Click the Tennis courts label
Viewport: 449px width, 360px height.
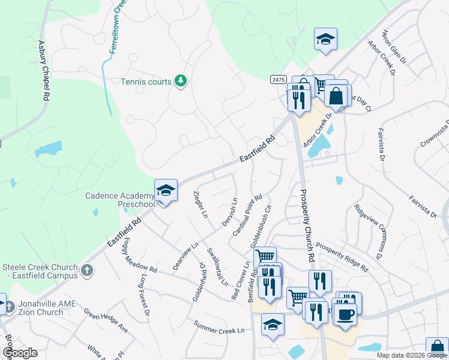point(146,82)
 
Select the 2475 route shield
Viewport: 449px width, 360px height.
point(277,79)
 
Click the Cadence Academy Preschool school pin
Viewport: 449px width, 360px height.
point(166,191)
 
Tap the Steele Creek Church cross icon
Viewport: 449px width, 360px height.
point(88,270)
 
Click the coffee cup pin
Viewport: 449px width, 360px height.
point(345,314)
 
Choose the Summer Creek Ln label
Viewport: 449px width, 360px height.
point(219,328)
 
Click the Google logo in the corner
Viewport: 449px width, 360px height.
point(19,353)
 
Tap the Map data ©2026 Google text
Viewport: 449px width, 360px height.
point(412,355)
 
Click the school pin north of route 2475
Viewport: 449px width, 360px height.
point(325,40)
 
